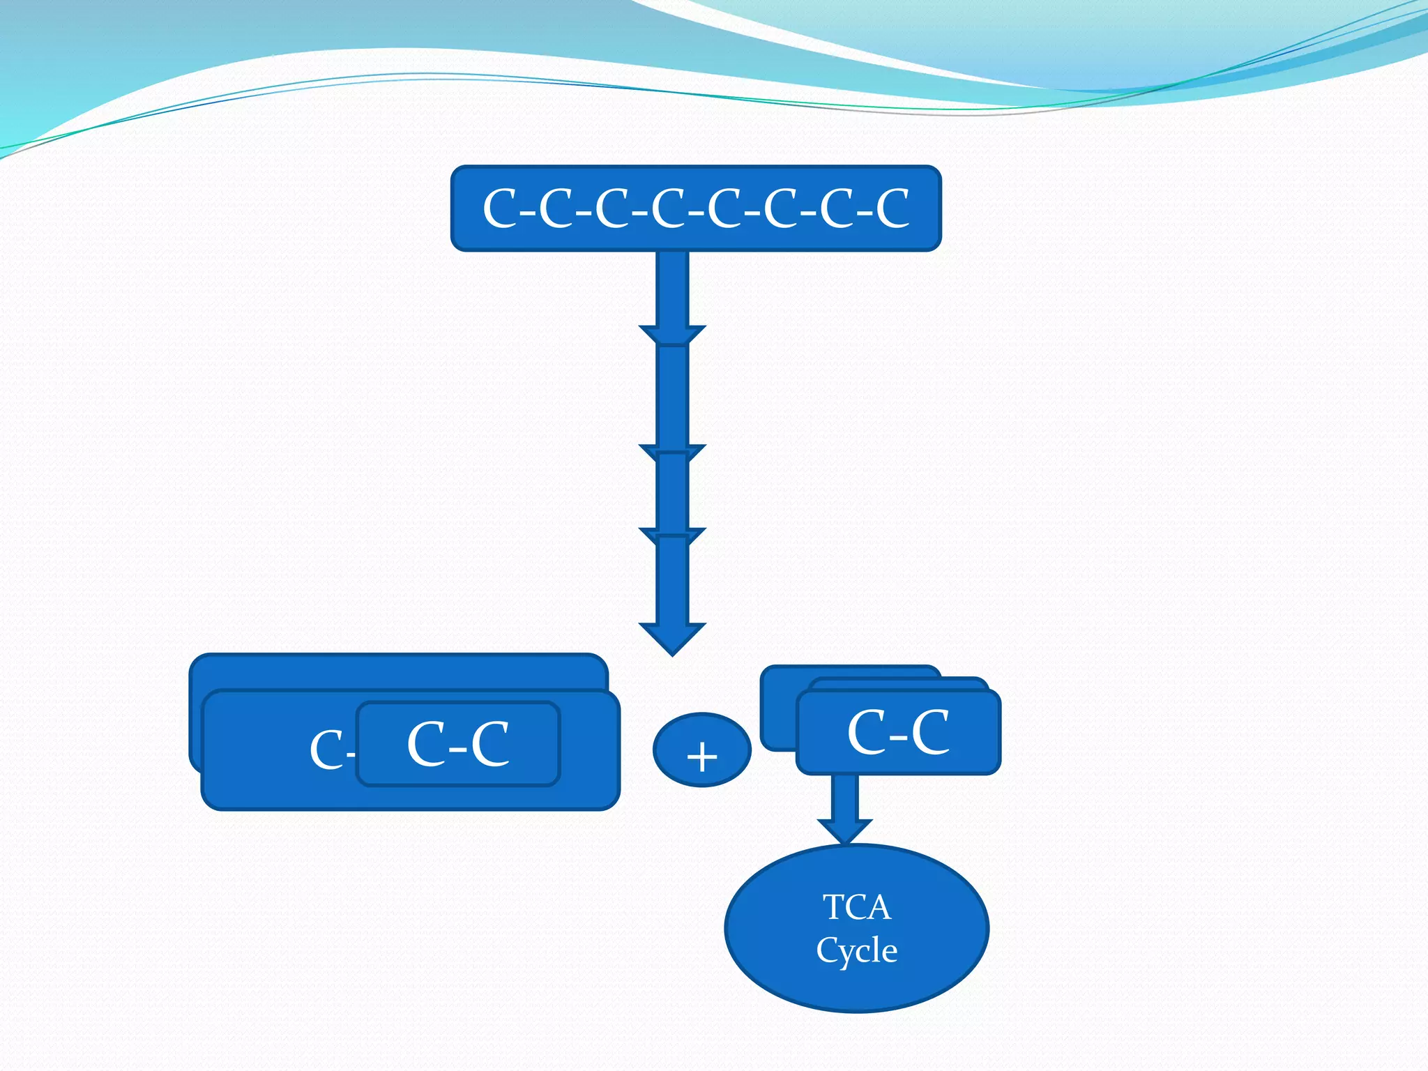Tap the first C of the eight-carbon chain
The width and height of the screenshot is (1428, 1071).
500,208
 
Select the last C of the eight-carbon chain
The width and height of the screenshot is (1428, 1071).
892,208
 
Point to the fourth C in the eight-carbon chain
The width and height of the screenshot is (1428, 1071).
668,208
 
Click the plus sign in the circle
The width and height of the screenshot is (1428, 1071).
702,756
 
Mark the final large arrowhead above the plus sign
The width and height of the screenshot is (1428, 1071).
673,637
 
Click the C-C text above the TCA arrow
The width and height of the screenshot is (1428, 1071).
898,732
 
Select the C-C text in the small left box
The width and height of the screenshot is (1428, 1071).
457,744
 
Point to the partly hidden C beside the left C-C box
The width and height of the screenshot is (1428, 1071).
326,750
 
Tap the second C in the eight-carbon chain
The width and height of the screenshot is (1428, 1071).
556,208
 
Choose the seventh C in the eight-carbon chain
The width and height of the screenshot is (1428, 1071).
837,208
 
